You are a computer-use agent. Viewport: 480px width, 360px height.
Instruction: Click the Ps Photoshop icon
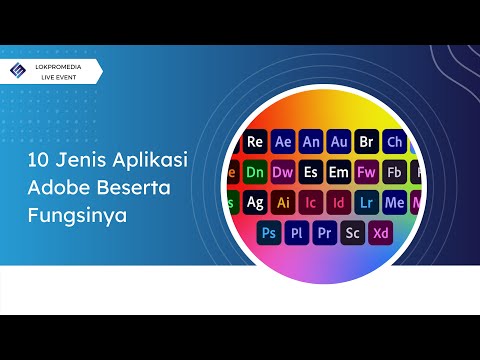(x=269, y=232)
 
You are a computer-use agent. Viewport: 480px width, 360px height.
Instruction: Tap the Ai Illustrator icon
(x=283, y=202)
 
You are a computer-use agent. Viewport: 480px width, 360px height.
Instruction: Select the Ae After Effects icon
(x=283, y=141)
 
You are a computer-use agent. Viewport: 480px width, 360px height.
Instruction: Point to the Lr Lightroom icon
(x=367, y=202)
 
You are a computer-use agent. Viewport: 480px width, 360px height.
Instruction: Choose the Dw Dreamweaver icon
(x=283, y=171)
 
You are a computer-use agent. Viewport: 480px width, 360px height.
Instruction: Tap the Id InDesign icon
(x=339, y=202)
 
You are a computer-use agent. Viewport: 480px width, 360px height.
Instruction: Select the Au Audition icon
(x=339, y=141)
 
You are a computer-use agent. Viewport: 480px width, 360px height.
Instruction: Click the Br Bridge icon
(x=367, y=141)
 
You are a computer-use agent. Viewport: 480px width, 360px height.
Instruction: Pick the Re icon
(x=255, y=141)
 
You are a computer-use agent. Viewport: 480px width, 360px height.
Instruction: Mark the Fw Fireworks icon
(x=367, y=171)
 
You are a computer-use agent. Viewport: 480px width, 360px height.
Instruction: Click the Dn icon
(x=255, y=171)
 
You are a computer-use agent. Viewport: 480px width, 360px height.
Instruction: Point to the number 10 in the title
(x=36, y=161)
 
